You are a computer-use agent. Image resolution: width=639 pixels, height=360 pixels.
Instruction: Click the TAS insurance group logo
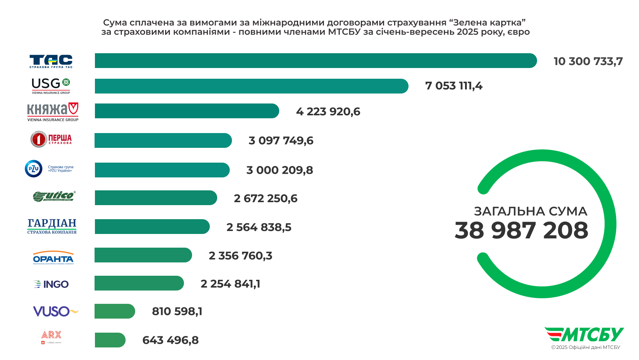tap(51, 61)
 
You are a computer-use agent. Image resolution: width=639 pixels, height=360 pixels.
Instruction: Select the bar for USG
tap(251, 86)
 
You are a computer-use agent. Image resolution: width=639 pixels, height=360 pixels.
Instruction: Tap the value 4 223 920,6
tap(328, 112)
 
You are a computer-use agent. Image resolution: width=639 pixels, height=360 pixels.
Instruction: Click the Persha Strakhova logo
tap(51, 139)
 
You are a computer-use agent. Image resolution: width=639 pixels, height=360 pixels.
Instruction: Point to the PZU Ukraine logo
tap(49, 169)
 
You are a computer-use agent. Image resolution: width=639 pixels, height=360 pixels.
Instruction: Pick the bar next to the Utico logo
tap(156, 198)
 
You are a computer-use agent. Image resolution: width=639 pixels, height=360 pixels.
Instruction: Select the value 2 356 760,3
tap(240, 256)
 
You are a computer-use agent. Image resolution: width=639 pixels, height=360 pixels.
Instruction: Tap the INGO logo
tap(51, 284)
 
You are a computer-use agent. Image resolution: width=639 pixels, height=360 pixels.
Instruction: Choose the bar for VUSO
tap(115, 311)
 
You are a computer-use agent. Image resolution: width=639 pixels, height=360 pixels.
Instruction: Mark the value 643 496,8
tap(170, 340)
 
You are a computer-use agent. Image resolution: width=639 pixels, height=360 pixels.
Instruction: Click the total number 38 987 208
tap(521, 231)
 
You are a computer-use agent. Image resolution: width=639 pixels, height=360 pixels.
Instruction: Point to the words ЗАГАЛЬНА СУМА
tap(530, 211)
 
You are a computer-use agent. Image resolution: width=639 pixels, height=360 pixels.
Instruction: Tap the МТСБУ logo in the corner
tap(584, 334)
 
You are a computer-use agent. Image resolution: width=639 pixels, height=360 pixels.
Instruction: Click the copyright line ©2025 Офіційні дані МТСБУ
tap(585, 347)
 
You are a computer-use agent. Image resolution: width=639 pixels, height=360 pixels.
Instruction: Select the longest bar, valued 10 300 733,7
tap(315, 61)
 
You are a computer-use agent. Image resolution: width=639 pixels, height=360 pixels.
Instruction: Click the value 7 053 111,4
tap(454, 86)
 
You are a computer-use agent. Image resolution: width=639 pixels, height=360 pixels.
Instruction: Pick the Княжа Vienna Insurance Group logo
tap(52, 112)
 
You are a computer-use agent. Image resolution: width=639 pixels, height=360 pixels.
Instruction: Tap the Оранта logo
tap(53, 258)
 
